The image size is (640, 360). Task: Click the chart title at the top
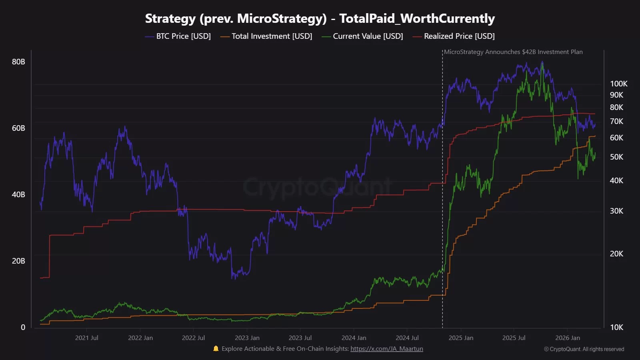tap(320, 18)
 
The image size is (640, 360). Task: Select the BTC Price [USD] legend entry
tap(178, 36)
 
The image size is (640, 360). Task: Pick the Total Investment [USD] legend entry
tap(266, 36)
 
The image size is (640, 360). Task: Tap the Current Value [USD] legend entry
tap(362, 36)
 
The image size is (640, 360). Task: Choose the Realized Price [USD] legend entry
tap(454, 36)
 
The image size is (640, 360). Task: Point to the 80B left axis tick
tap(18, 62)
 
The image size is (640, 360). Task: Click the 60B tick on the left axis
tap(18, 128)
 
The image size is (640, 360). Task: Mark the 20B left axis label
tap(18, 261)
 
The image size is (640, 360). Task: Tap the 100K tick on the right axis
tap(618, 84)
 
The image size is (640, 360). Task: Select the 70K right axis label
tap(616, 121)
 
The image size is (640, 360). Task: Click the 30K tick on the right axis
tap(616, 211)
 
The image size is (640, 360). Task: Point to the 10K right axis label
tap(616, 327)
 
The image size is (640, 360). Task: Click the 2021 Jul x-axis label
tap(86, 338)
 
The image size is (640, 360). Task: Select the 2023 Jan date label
tap(247, 338)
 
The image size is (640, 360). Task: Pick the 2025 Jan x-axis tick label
tap(461, 338)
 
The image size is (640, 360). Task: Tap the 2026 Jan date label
tap(568, 338)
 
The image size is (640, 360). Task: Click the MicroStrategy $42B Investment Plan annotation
tap(513, 52)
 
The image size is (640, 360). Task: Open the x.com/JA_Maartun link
tap(386, 349)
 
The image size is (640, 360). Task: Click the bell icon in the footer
tap(216, 348)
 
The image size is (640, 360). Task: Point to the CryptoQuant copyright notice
tap(584, 349)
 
